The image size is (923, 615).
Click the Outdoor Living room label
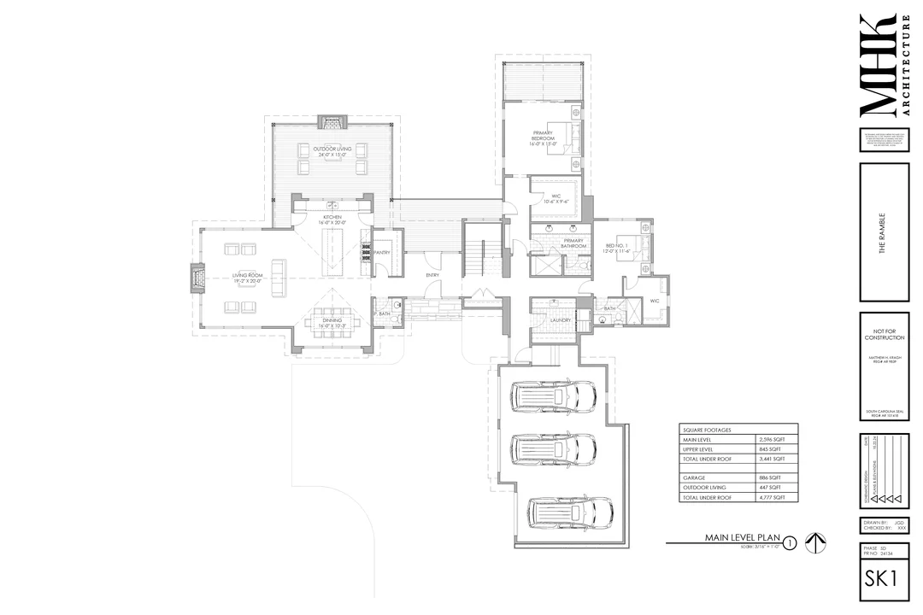(x=332, y=150)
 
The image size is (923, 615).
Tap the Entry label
(x=432, y=275)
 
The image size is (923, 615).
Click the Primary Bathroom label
(x=573, y=243)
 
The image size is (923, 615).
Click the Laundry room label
(x=549, y=320)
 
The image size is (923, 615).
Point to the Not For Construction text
(x=884, y=333)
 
